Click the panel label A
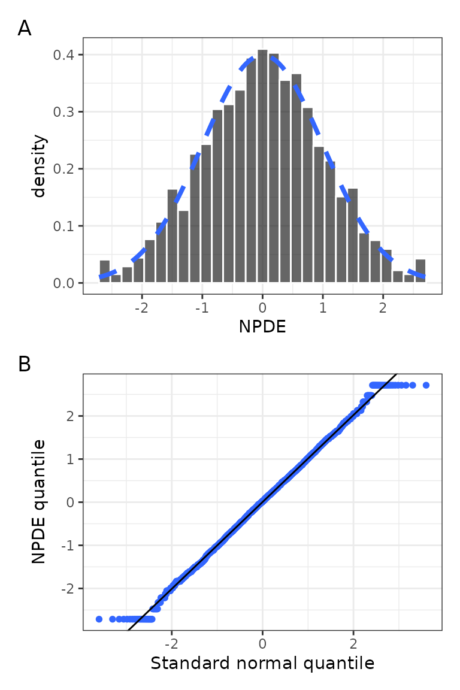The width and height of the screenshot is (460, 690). (x=25, y=28)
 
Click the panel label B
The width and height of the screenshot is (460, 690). (x=25, y=364)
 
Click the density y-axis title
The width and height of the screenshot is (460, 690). (x=40, y=166)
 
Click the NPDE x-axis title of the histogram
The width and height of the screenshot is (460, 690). (x=262, y=327)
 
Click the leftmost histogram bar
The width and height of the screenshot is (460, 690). (x=104, y=271)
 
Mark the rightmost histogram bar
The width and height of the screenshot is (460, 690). (x=420, y=270)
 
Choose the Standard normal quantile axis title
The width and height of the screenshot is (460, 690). (x=262, y=664)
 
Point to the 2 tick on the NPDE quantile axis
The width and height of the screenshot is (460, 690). (x=71, y=416)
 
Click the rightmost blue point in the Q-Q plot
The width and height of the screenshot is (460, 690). (x=426, y=385)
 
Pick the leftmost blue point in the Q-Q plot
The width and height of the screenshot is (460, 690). (x=99, y=619)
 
